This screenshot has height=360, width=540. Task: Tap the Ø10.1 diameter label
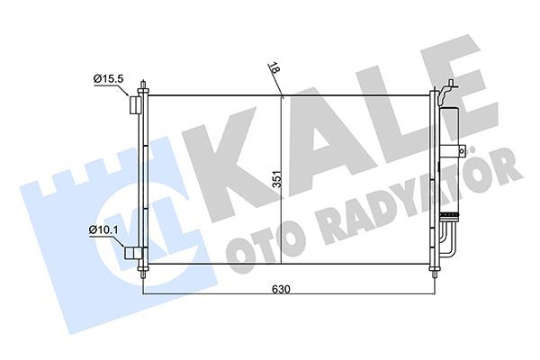105,231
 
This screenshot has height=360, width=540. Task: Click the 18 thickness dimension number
273,69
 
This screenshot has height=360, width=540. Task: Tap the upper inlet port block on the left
134,106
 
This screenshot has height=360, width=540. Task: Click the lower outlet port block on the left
133,256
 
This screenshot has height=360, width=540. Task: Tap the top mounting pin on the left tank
143,87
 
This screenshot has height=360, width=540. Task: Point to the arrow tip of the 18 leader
282,95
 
